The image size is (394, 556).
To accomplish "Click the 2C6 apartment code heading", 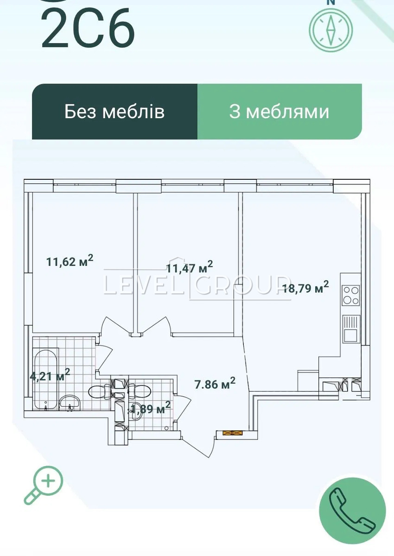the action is point(88,28).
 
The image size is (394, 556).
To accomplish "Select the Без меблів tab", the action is point(114,112).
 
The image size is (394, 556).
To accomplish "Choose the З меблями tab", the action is point(280,112).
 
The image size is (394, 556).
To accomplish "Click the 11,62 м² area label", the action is point(70,261).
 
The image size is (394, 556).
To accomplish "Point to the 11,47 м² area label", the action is point(190,267).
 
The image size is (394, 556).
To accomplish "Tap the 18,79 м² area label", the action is point(305,287).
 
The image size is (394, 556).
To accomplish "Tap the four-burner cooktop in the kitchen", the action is point(351,296).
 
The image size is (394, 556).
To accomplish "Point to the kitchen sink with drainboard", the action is point(351,329).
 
